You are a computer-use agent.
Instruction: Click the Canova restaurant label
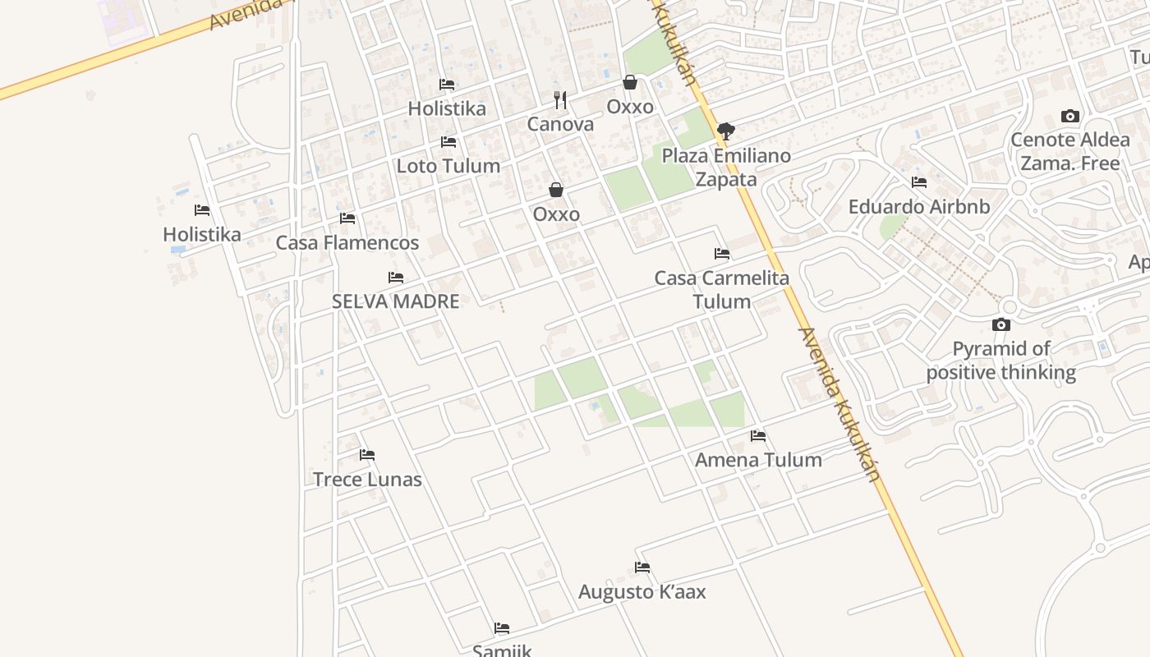pos(560,125)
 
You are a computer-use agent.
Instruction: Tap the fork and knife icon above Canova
pos(560,100)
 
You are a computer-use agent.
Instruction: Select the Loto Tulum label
pos(448,166)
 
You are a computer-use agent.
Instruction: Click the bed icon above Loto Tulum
pos(448,142)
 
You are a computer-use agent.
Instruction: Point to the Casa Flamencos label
pos(347,243)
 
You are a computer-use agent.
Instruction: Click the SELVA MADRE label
pos(396,301)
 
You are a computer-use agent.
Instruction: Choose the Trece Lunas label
pos(367,480)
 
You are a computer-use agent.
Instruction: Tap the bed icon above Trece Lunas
pos(367,455)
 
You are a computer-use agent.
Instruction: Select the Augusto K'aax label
pos(642,592)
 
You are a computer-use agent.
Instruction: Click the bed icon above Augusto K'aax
pos(642,567)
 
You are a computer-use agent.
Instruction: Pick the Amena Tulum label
pos(758,460)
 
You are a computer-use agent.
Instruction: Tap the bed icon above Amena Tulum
pos(758,436)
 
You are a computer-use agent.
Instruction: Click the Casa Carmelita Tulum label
pos(722,290)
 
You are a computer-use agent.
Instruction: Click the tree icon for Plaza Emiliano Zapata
pos(726,131)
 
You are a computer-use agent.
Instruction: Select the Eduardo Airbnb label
pos(919,207)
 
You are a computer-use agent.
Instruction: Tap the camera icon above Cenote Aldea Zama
pos(1069,116)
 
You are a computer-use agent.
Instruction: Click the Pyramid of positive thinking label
pos(1001,361)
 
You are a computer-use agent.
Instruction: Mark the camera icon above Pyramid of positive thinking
pos(1000,325)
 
